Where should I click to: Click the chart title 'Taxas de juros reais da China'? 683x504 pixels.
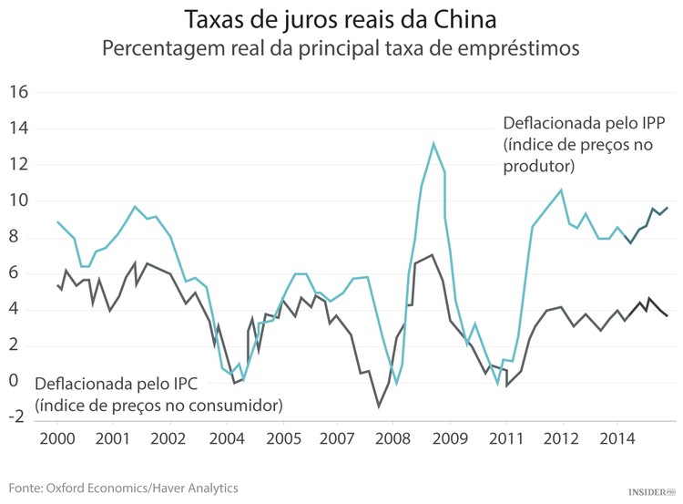pos(341,18)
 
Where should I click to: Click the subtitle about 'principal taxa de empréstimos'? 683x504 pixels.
pos(341,47)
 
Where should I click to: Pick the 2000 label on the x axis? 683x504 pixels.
pos(57,438)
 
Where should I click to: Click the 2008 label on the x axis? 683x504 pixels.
pos(393,438)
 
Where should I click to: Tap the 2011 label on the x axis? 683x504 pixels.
pos(505,438)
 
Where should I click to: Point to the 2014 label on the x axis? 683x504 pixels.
pos(617,438)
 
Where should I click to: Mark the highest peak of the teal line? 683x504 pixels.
pos(433,143)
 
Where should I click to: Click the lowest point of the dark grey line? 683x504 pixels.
pos(379,406)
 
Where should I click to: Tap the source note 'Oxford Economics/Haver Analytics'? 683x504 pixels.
pos(124,489)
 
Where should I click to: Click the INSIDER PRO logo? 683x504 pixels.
pos(652,491)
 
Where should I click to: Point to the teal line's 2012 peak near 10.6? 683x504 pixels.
pos(561,190)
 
